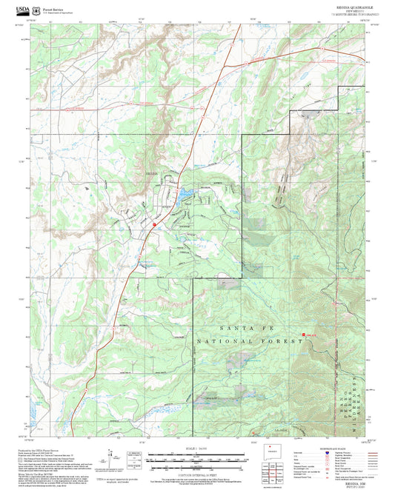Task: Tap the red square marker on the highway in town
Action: (153, 223)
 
